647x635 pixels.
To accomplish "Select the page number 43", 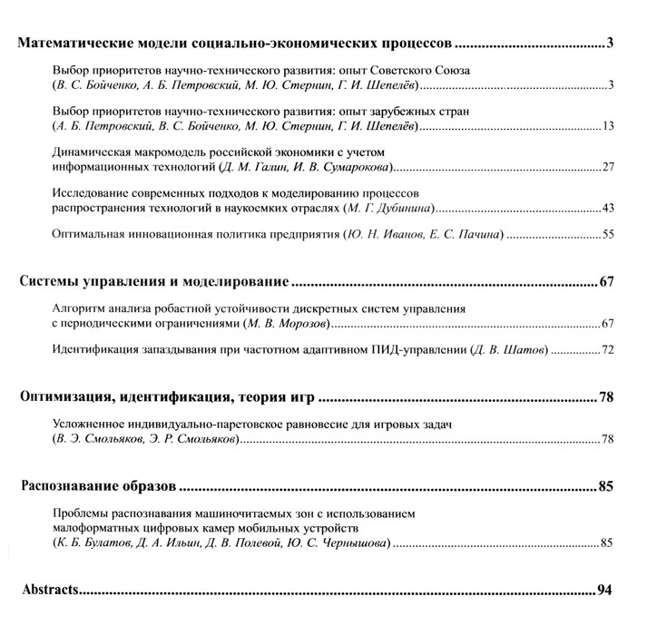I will coord(609,209).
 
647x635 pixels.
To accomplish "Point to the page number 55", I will coord(609,236).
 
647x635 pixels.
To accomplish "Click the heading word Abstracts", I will coord(50,591).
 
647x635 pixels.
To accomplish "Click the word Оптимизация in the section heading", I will coord(63,396).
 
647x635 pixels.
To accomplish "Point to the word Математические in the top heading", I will coord(73,43).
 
